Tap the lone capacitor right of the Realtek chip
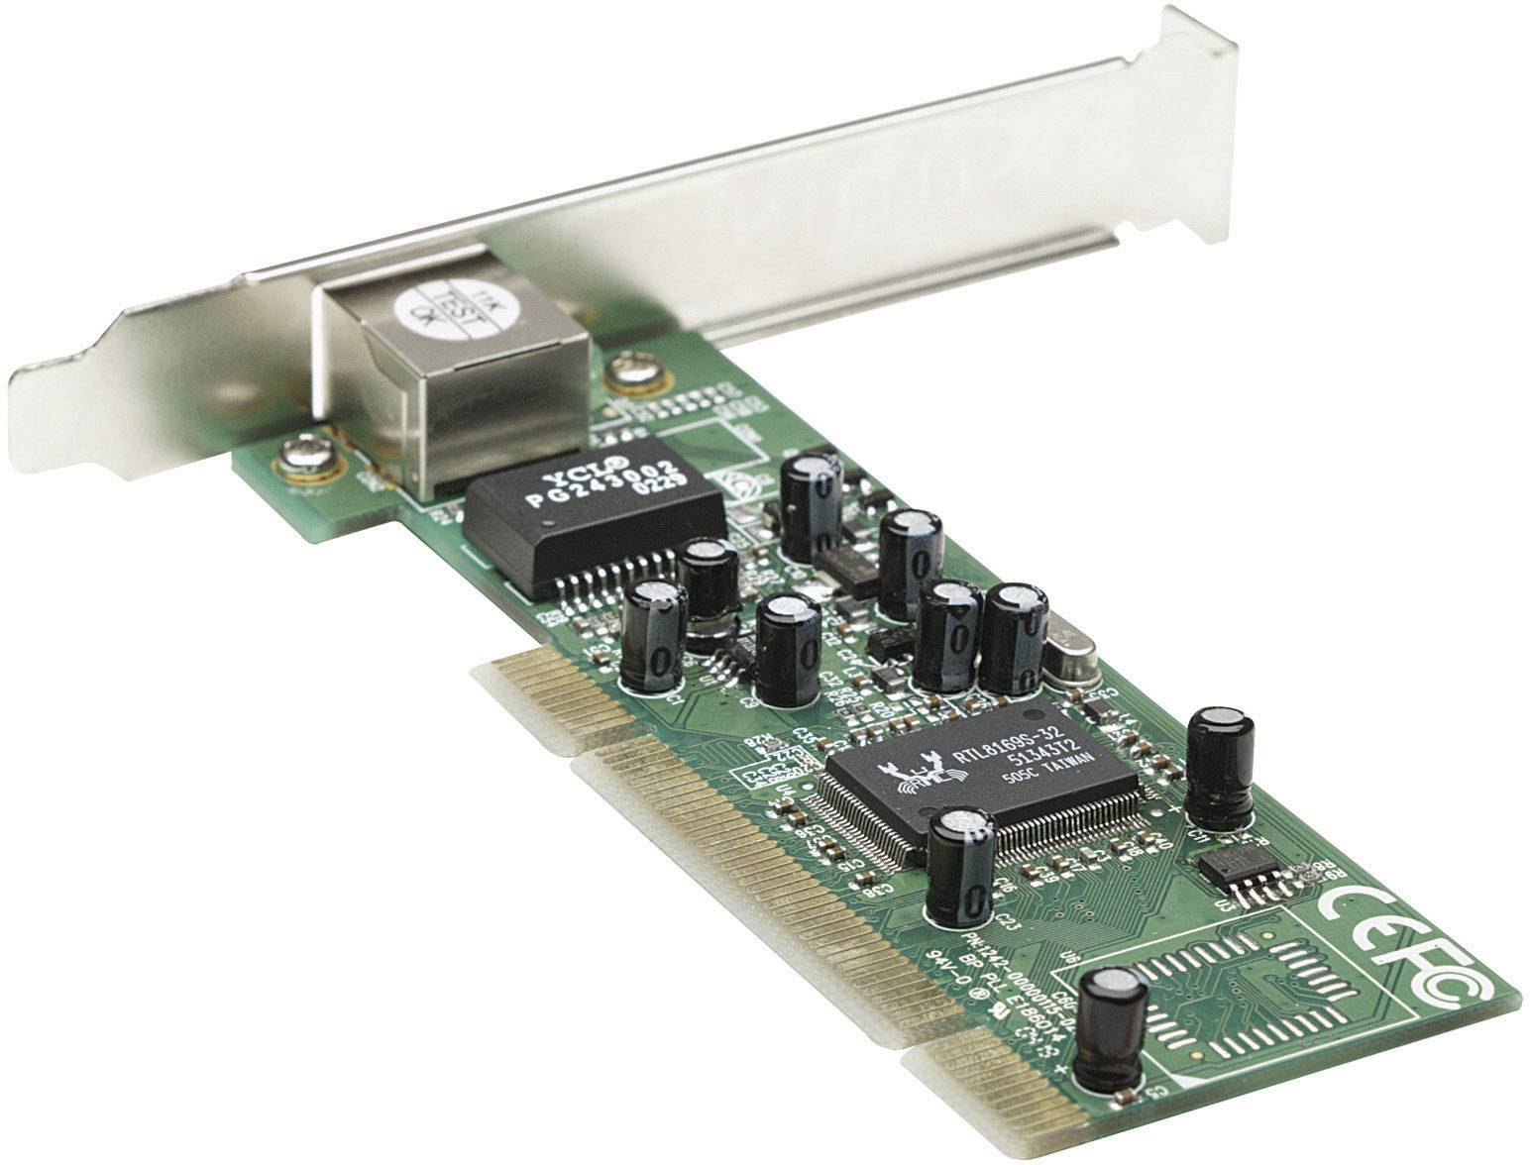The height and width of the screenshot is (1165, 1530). click(x=1220, y=766)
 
